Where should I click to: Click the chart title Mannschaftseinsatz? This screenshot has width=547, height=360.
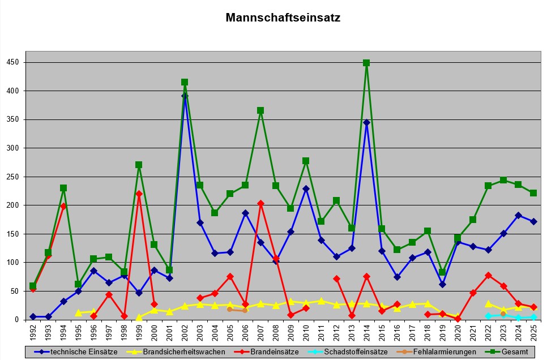click(283, 18)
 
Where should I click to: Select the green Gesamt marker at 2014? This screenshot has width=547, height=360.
click(366, 63)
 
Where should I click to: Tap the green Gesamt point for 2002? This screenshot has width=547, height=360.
click(185, 82)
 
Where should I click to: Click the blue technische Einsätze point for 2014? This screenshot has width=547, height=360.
click(366, 122)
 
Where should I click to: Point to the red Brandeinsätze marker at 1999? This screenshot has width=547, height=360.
click(139, 194)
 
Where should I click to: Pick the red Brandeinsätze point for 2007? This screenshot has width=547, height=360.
click(260, 203)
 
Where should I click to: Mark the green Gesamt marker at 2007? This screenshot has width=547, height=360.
click(260, 110)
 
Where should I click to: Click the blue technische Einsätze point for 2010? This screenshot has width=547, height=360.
click(306, 188)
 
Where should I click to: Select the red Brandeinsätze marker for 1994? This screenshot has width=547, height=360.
click(63, 207)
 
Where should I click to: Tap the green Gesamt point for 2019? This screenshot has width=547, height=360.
click(442, 272)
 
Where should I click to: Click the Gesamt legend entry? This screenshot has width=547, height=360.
click(514, 352)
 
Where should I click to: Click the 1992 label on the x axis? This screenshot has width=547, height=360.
click(33, 331)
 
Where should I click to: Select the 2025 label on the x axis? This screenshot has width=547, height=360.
click(533, 331)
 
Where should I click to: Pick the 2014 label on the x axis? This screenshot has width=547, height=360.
click(366, 331)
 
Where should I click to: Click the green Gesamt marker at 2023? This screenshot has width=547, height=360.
click(503, 180)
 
